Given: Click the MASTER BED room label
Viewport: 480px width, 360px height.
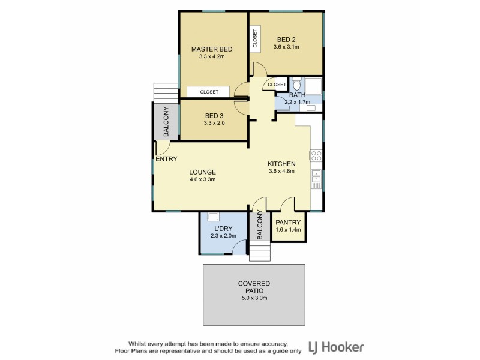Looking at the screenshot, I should [x=211, y=49].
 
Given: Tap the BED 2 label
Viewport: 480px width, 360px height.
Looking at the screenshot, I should [x=286, y=38].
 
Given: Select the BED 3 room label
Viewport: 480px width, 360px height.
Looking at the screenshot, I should [x=214, y=116].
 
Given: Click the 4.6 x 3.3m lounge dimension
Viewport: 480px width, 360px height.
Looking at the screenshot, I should [x=202, y=179].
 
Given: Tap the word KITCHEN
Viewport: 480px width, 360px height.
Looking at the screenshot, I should [x=281, y=164].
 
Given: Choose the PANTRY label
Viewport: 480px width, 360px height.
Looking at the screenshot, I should [x=288, y=223].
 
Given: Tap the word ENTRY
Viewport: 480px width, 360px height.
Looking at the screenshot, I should [x=166, y=159].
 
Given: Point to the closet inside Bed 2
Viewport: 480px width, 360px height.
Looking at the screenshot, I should [x=255, y=39].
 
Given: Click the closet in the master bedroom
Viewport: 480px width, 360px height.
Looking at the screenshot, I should [x=209, y=92].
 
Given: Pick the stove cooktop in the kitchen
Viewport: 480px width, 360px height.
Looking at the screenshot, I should [x=316, y=156].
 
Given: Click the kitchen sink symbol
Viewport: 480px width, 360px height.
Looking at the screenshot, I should [x=316, y=178].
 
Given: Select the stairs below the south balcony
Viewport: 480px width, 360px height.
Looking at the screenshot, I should [x=259, y=254].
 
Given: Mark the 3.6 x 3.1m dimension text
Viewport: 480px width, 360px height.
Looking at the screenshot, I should [x=286, y=46].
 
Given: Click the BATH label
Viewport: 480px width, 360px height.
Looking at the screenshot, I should [x=298, y=95].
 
